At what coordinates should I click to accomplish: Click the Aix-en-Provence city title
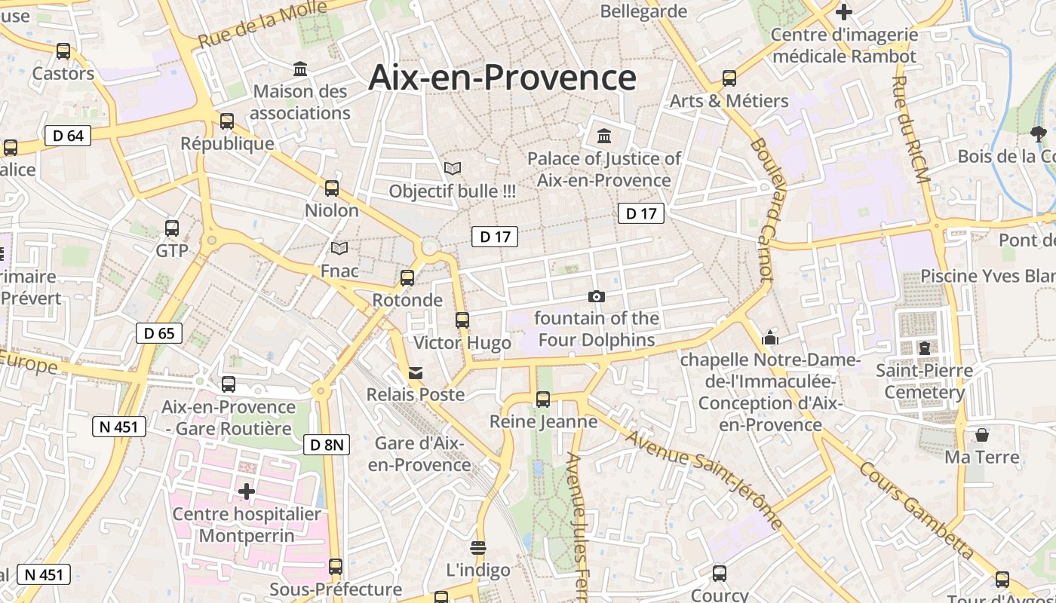pos(502,78)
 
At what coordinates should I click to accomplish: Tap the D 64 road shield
pos(68,136)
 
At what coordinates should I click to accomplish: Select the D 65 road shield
pos(159,332)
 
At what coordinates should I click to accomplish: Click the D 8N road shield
pos(327,445)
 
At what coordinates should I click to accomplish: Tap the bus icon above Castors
pos(63,51)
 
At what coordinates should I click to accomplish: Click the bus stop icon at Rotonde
pos(407,278)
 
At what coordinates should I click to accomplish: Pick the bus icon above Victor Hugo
pos(462,320)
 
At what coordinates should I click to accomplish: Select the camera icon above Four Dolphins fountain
pos(597,296)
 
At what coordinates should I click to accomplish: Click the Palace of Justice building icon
pos(604,136)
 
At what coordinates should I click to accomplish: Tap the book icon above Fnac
pos(339,248)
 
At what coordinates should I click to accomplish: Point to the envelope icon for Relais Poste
pos(416,372)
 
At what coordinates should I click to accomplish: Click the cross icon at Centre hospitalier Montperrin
pos(246,491)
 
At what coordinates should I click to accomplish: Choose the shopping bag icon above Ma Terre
pos(982,435)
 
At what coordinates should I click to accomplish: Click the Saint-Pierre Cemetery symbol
pos(924,348)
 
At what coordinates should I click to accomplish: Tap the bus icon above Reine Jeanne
pos(543,399)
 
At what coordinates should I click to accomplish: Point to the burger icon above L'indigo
pos(477,547)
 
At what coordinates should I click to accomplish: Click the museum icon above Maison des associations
pos(301,69)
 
